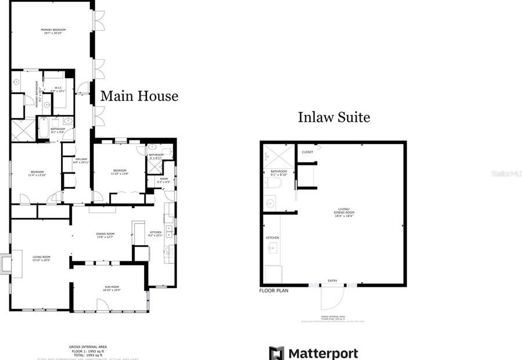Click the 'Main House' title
click(139, 96)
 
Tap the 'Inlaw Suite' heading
click(334, 117)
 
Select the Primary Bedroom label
click(52, 31)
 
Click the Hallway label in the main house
click(80, 160)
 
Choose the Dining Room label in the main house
click(106, 235)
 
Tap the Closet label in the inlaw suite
click(307, 152)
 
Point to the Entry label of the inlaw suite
click(332, 281)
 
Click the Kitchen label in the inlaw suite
click(272, 238)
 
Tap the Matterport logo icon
click(276, 353)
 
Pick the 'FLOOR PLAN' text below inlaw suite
click(273, 290)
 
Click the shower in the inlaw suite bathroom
click(272, 157)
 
